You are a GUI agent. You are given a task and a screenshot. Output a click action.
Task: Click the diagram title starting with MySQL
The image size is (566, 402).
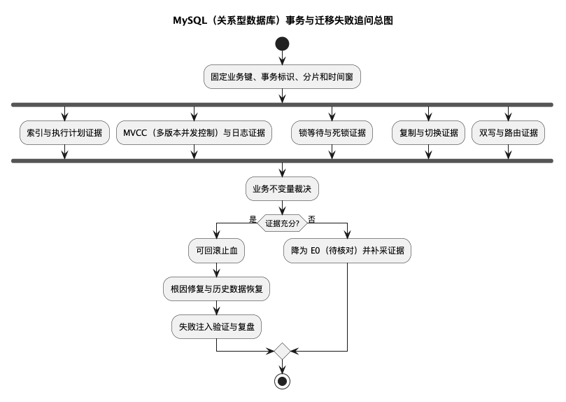pos(283,20)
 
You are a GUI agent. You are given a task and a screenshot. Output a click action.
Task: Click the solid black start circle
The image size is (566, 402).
pos(282,44)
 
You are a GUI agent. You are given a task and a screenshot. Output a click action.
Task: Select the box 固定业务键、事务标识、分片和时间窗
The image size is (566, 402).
pos(282,76)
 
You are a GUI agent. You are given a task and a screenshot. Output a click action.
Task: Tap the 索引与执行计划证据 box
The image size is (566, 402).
pos(64,132)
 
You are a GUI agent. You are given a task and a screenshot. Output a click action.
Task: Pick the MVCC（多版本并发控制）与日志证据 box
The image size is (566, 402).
pos(194,132)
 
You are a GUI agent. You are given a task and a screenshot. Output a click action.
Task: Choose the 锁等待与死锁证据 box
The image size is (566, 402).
pos(332,132)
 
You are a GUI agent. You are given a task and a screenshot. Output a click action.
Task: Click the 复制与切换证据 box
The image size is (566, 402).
pos(428,132)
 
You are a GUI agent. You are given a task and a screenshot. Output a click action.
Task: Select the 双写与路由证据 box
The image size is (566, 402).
pos(508,132)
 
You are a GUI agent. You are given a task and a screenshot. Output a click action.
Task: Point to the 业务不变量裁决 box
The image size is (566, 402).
pos(282,188)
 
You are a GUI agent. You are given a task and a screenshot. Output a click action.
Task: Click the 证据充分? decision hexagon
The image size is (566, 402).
pos(282,223)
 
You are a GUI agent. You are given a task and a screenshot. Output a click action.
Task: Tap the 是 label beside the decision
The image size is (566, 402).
pos(253,219)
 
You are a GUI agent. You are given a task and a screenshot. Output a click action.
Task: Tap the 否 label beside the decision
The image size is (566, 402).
pos(311,219)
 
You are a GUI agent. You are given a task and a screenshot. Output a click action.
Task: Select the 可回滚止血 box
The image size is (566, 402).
pos(217,250)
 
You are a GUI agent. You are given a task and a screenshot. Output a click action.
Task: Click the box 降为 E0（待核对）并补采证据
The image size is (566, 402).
pos(347,250)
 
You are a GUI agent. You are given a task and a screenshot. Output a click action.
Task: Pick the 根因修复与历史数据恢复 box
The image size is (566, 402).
pos(217,289)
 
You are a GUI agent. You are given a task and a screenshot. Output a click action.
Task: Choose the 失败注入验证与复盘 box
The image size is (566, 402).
pos(217,326)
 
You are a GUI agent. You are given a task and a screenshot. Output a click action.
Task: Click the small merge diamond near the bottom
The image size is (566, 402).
pos(282,351)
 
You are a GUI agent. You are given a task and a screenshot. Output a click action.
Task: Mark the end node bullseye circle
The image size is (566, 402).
pos(282,381)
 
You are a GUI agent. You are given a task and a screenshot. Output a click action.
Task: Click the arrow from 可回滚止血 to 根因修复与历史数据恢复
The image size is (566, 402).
pos(217,270)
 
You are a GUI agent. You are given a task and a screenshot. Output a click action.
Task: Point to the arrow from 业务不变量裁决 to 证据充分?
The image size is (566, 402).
pos(282,208)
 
